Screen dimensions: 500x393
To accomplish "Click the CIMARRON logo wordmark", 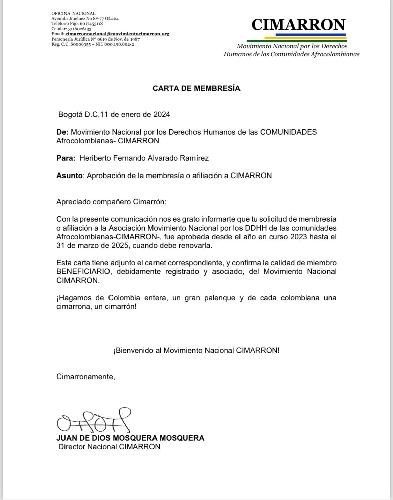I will pyautogui.click(x=298, y=24).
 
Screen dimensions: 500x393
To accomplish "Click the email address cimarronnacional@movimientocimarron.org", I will pyautogui.click(x=117, y=34).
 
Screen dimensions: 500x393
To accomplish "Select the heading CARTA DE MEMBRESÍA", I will pyautogui.click(x=196, y=88).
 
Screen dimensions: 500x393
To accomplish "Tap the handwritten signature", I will pyautogui.click(x=94, y=420).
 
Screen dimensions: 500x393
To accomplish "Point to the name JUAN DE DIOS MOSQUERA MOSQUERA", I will pyautogui.click(x=130, y=438).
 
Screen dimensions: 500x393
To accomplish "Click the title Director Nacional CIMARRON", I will pyautogui.click(x=109, y=447).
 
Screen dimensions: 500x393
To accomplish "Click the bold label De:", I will pyautogui.click(x=62, y=132).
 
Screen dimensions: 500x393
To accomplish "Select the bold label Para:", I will pyautogui.click(x=66, y=158).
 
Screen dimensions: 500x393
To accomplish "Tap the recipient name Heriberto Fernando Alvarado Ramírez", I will pyautogui.click(x=144, y=158).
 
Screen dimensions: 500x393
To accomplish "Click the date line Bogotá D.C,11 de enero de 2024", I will pyautogui.click(x=114, y=114).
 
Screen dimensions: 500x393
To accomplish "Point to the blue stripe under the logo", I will pyautogui.click(x=311, y=34).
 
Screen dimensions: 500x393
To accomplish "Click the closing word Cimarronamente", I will pyautogui.click(x=85, y=377).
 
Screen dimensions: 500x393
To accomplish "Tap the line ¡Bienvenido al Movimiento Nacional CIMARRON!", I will pyautogui.click(x=196, y=350).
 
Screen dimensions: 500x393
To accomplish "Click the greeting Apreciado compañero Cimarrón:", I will pyautogui.click(x=111, y=202).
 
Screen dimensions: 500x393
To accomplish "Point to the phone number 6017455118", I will pyautogui.click(x=91, y=24).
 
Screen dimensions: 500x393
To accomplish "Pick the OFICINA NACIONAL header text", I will pyautogui.click(x=74, y=13).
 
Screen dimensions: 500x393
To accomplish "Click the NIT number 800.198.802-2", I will pyautogui.click(x=119, y=44).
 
